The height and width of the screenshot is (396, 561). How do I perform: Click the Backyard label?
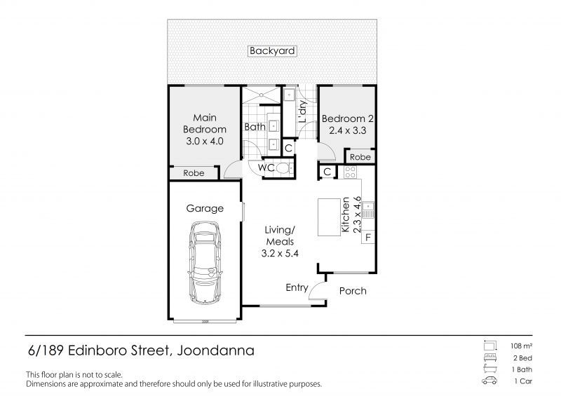272,50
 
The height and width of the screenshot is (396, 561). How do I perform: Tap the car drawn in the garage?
205,263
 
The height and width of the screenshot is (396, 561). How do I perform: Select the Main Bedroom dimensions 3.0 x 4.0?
205,142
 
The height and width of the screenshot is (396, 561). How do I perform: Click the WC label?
266,168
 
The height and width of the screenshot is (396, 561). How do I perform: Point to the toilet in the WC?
285,168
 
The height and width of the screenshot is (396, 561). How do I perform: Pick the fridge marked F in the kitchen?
368,238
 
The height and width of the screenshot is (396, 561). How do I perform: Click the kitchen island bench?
329,217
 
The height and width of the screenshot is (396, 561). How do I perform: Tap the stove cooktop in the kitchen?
350,172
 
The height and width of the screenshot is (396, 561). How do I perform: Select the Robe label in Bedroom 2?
360,157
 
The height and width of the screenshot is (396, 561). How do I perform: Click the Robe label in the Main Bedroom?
194,173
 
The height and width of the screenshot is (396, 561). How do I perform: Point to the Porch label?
353,291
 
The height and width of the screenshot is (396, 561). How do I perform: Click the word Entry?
297,287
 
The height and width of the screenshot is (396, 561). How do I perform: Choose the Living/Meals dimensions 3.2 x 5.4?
280,254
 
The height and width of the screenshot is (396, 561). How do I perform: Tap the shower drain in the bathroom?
262,95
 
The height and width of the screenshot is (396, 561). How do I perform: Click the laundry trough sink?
289,95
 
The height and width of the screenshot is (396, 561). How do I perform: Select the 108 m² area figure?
521,346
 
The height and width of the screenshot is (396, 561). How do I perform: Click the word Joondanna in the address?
216,350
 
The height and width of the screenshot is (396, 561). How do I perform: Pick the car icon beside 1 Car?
489,381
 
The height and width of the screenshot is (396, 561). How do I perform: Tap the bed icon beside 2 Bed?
489,357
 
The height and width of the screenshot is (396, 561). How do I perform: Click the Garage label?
205,209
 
